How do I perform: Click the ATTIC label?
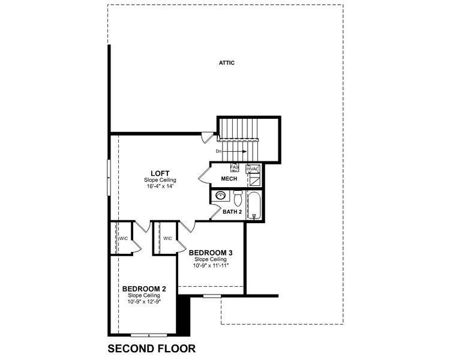pos(226,62)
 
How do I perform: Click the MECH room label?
pos(229,179)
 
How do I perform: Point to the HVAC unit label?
pos(253,169)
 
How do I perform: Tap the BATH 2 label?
pos(232,212)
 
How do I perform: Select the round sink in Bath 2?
pos(221,196)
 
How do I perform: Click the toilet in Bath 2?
pos(238,197)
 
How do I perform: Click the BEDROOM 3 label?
pos(210,252)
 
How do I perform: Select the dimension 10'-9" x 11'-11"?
pos(210,265)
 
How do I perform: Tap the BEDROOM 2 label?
pos(144,289)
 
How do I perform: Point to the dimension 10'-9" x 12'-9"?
pos(144,302)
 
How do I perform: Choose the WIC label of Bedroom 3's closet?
pos(167,238)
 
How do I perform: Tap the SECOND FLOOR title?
pos(151,348)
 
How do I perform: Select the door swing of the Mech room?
pos(203,175)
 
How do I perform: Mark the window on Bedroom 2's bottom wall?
pos(148,334)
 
